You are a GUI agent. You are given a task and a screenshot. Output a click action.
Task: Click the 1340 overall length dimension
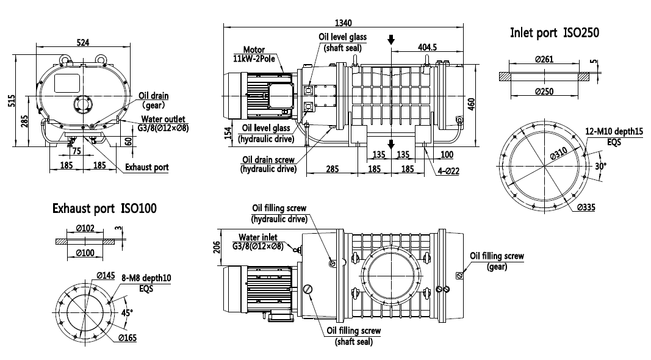343,23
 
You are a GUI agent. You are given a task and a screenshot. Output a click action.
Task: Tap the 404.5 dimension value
426,47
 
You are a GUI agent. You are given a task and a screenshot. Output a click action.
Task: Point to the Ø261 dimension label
544,59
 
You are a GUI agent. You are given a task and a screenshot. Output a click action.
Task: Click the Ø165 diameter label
127,337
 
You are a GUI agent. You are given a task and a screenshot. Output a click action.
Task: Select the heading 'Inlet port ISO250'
554,33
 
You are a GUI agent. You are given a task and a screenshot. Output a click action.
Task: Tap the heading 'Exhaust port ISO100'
104,209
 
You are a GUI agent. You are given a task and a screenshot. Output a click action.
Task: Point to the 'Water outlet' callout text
164,119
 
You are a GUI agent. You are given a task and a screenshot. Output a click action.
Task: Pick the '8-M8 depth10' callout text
146,278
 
